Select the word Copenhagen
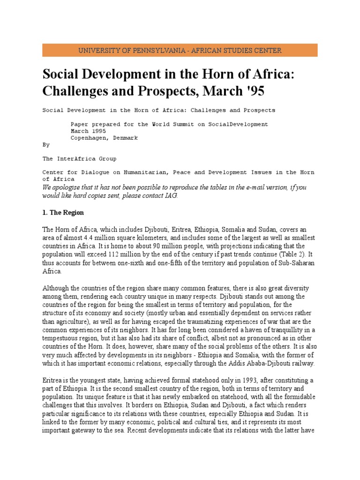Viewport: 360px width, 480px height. coord(90,138)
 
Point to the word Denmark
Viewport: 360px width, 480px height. coord(126,138)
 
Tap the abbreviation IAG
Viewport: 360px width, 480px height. coord(170,195)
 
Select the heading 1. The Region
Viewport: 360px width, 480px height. coord(63,212)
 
